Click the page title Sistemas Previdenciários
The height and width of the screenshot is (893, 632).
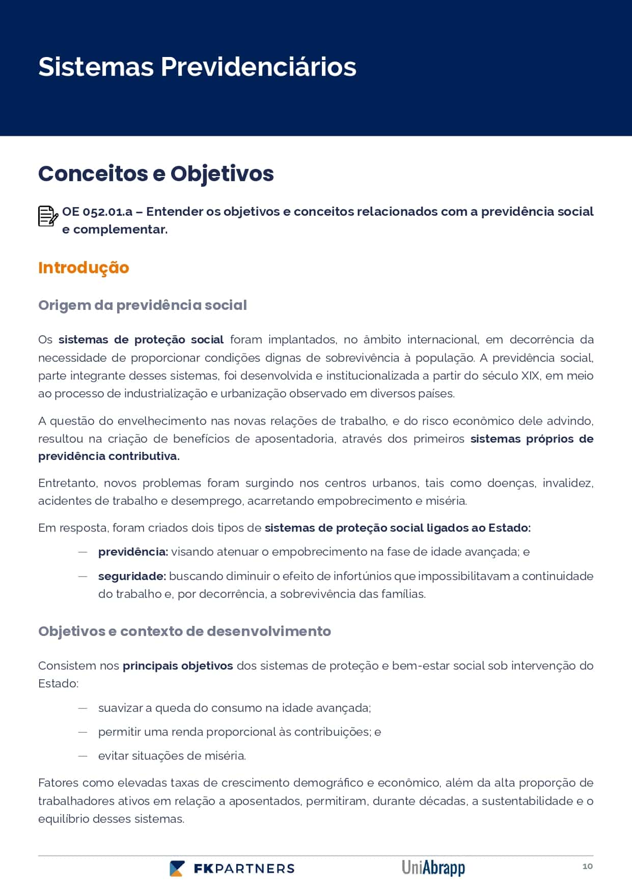point(197,67)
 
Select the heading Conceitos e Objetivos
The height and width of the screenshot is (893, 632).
point(156,174)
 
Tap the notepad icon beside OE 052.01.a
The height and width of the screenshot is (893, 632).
point(48,216)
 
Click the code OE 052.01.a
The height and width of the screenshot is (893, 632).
point(97,212)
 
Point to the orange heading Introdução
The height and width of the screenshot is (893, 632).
point(84,268)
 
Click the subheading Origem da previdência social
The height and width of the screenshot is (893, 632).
point(143,305)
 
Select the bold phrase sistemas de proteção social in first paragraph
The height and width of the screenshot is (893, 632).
point(141,340)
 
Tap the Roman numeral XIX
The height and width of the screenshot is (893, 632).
point(530,376)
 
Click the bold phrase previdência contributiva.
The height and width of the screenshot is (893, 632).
point(108,456)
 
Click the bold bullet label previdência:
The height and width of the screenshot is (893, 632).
point(133,552)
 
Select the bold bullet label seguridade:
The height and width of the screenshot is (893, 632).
point(132,577)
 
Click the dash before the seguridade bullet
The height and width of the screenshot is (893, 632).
point(83,577)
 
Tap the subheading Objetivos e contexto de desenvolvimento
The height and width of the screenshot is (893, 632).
point(184,631)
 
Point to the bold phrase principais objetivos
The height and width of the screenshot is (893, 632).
point(178,666)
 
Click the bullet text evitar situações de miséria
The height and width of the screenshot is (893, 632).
point(172,756)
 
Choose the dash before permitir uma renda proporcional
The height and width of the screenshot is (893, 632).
point(83,732)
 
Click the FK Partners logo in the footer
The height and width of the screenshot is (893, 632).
point(232,869)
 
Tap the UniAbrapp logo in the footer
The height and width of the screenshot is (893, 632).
point(433,868)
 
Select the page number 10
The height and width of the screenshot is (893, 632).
point(587,867)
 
